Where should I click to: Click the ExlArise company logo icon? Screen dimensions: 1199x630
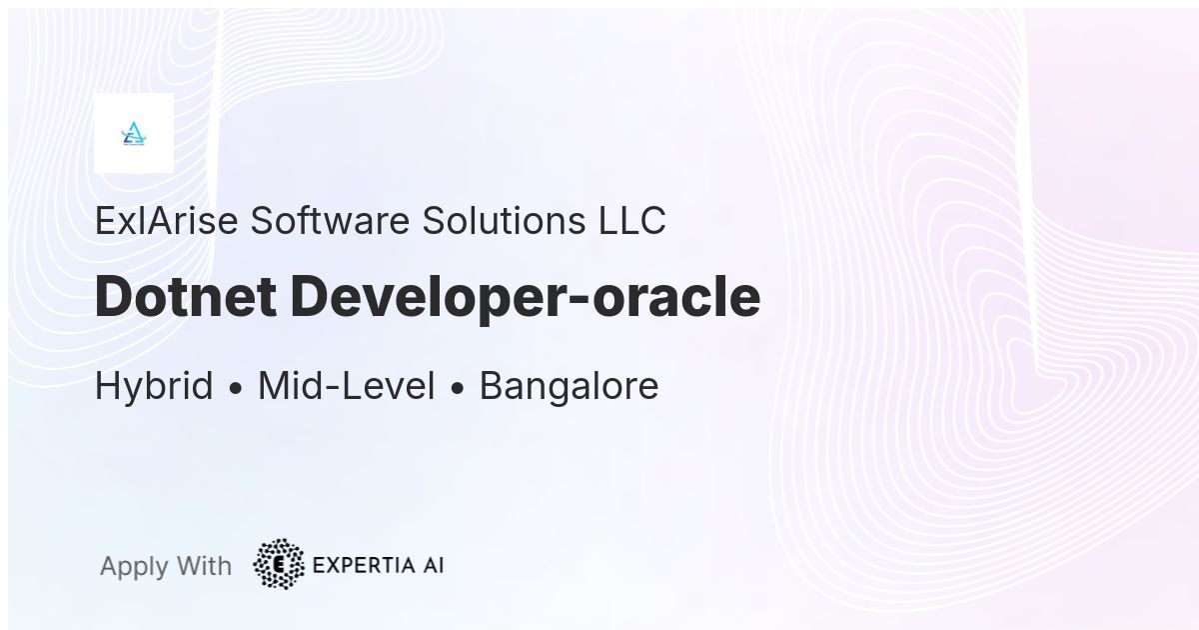134,133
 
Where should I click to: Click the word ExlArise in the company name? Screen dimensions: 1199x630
167,221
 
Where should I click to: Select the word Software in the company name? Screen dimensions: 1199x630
331,221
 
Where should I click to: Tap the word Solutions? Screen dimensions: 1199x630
504,221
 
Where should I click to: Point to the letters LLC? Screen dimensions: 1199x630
632,221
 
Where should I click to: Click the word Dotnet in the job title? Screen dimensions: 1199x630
186,296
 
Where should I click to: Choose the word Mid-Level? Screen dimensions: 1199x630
347,386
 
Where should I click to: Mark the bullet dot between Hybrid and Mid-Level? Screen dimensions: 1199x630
236,389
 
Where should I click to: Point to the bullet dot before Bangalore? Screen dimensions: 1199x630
458,389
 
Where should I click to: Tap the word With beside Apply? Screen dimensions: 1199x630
204,566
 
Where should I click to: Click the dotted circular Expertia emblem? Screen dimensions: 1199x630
279,564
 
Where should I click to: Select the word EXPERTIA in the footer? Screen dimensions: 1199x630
364,565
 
